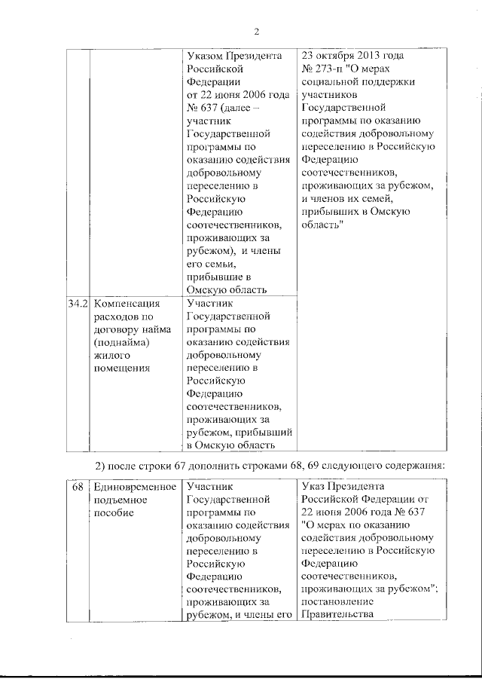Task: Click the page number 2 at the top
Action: pos(256,32)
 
